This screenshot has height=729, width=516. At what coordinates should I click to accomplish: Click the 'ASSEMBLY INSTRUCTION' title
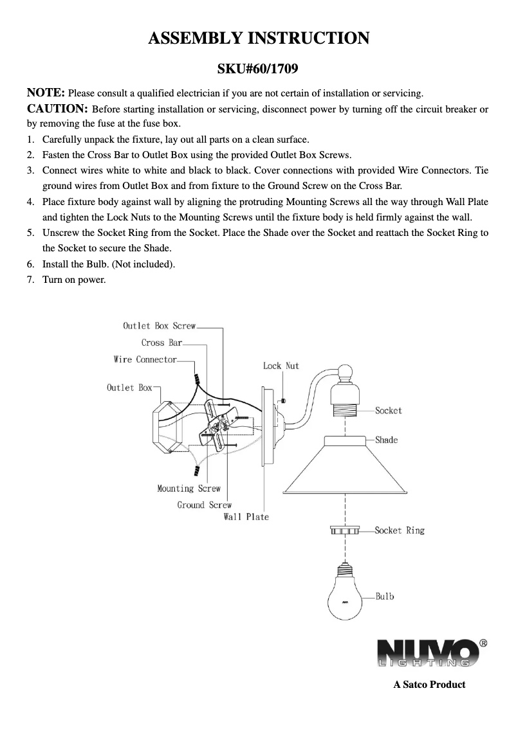(258, 38)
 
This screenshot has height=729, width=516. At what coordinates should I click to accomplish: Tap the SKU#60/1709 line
(258, 67)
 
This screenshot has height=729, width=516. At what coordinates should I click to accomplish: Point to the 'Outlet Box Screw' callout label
(159, 326)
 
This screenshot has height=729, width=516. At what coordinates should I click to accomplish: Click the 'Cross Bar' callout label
(161, 343)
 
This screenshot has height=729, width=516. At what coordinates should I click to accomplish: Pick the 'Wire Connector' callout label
(145, 359)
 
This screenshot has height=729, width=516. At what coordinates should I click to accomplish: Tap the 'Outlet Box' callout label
(129, 388)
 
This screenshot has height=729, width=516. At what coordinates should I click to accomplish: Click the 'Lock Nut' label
(281, 366)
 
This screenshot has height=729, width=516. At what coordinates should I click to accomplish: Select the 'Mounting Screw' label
(189, 489)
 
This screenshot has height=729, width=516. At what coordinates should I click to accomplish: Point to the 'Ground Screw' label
(204, 505)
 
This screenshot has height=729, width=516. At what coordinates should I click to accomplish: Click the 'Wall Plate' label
(246, 517)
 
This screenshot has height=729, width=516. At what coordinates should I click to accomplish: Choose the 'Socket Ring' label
(400, 530)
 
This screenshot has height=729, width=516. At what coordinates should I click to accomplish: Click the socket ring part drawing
(345, 531)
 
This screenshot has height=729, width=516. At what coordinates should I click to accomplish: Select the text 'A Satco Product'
(429, 684)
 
